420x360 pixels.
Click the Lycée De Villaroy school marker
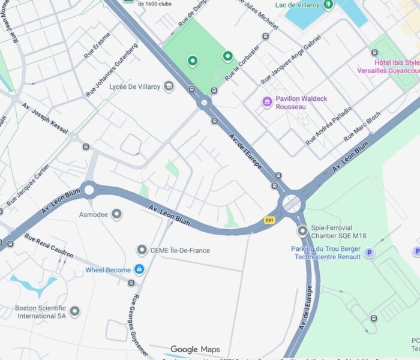tap(169, 87)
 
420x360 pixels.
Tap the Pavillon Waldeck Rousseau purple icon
tap(268, 102)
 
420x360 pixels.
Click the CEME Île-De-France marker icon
tap(142, 250)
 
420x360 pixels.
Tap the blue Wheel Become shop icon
tap(139, 269)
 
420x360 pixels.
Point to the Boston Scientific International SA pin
tap(74, 311)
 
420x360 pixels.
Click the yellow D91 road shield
tap(269, 220)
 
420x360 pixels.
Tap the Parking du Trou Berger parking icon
tap(370, 253)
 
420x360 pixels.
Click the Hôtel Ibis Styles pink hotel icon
tap(374, 53)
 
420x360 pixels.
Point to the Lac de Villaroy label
tap(296, 5)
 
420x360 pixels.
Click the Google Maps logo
tap(195, 349)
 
